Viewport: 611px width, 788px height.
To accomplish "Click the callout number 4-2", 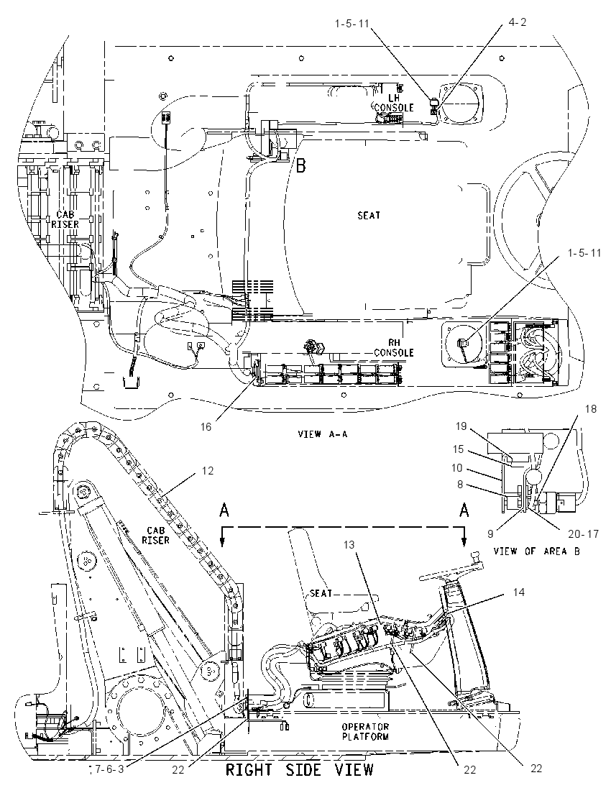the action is [x=518, y=22].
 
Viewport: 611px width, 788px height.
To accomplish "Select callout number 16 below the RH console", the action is [x=206, y=426].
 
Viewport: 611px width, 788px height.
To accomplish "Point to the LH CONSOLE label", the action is [x=394, y=103].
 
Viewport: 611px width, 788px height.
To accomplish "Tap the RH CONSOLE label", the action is [x=394, y=348].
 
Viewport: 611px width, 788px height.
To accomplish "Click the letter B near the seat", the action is [x=300, y=165].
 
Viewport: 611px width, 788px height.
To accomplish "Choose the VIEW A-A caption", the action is [x=322, y=434].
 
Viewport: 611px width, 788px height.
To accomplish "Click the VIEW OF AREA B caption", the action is [x=537, y=551].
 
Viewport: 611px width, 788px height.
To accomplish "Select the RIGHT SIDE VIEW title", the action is [x=300, y=769].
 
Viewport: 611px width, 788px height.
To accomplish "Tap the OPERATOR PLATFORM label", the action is [x=365, y=732].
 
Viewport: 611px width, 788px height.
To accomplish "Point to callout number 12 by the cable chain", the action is [x=208, y=471].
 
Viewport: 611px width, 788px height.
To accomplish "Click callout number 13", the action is [x=349, y=544].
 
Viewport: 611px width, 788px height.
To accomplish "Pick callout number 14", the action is [x=518, y=593].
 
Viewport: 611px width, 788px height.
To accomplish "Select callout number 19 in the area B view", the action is [x=461, y=426].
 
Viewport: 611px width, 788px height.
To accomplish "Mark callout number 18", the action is [x=591, y=409].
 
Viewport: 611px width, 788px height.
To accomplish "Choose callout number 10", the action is [x=456, y=468].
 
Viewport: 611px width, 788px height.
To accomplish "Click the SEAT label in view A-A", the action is [x=369, y=215].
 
